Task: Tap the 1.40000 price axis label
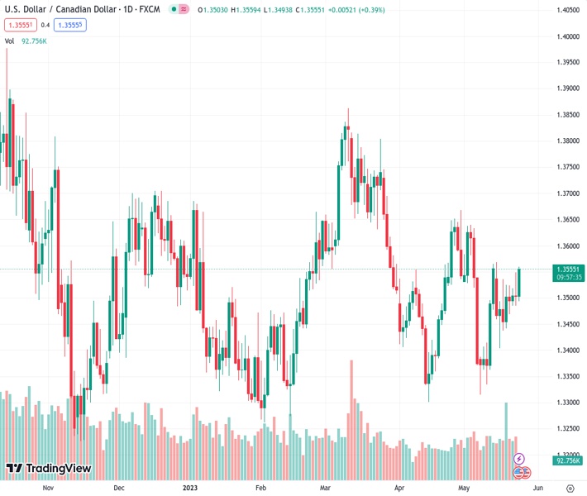567,36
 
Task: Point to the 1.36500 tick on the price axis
567,220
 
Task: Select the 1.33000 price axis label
567,403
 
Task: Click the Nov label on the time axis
47,489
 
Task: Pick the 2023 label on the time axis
191,489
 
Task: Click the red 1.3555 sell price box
19,25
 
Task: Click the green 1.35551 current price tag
569,269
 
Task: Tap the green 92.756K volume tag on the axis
569,460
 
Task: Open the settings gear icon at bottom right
570,489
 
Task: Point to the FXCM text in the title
150,9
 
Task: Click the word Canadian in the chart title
79,9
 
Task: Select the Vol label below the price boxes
9,41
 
